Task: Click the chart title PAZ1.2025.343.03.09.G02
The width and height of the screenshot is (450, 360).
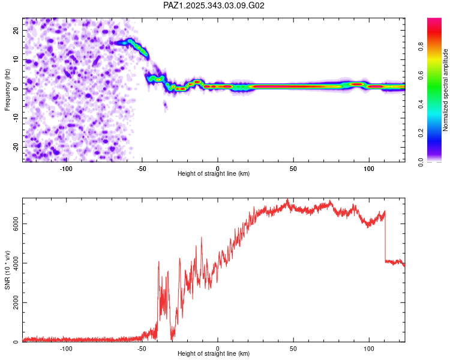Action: [x=214, y=5]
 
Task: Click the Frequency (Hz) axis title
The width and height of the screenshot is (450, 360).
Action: [x=7, y=89]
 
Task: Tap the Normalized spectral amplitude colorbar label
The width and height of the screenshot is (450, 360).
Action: [x=445, y=89]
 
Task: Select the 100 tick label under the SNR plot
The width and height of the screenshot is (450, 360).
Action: [x=368, y=348]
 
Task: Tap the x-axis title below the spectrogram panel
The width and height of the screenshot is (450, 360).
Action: [x=214, y=173]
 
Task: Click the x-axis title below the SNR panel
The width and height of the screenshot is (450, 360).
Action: [x=214, y=354]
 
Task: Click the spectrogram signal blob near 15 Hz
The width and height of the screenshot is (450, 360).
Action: [x=129, y=43]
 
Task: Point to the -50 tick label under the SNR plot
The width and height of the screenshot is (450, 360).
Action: [x=142, y=348]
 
